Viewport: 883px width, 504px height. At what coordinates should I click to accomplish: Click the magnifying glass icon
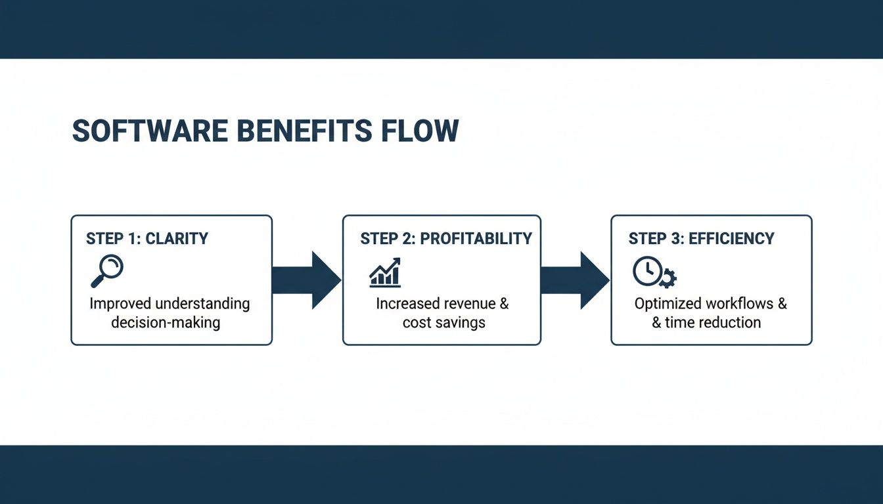(x=107, y=271)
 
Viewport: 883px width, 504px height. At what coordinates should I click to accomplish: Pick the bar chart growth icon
(x=385, y=272)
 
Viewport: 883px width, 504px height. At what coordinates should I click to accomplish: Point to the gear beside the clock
(x=667, y=279)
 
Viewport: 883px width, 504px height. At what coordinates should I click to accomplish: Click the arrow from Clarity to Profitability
(x=306, y=280)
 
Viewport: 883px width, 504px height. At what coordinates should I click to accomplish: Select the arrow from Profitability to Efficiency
(x=575, y=280)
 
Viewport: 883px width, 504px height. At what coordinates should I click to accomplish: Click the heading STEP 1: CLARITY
(x=147, y=238)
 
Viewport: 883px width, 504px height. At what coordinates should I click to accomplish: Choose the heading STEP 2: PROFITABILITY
(x=446, y=238)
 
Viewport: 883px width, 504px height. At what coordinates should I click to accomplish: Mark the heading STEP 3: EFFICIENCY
(x=701, y=238)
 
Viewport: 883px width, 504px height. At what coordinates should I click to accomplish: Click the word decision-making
(x=166, y=322)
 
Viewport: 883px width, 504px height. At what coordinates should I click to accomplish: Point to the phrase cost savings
(x=443, y=322)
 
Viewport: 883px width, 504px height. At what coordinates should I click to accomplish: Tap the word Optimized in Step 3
(x=667, y=304)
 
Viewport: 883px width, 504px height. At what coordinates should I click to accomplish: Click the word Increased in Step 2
(x=407, y=304)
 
